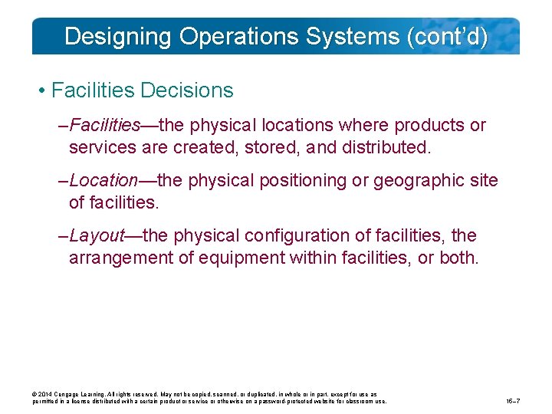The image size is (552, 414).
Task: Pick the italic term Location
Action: tap(103, 180)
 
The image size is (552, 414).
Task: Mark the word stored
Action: tap(269, 146)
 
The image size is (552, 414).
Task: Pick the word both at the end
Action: tap(458, 257)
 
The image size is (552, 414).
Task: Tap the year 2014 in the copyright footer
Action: tap(44, 393)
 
